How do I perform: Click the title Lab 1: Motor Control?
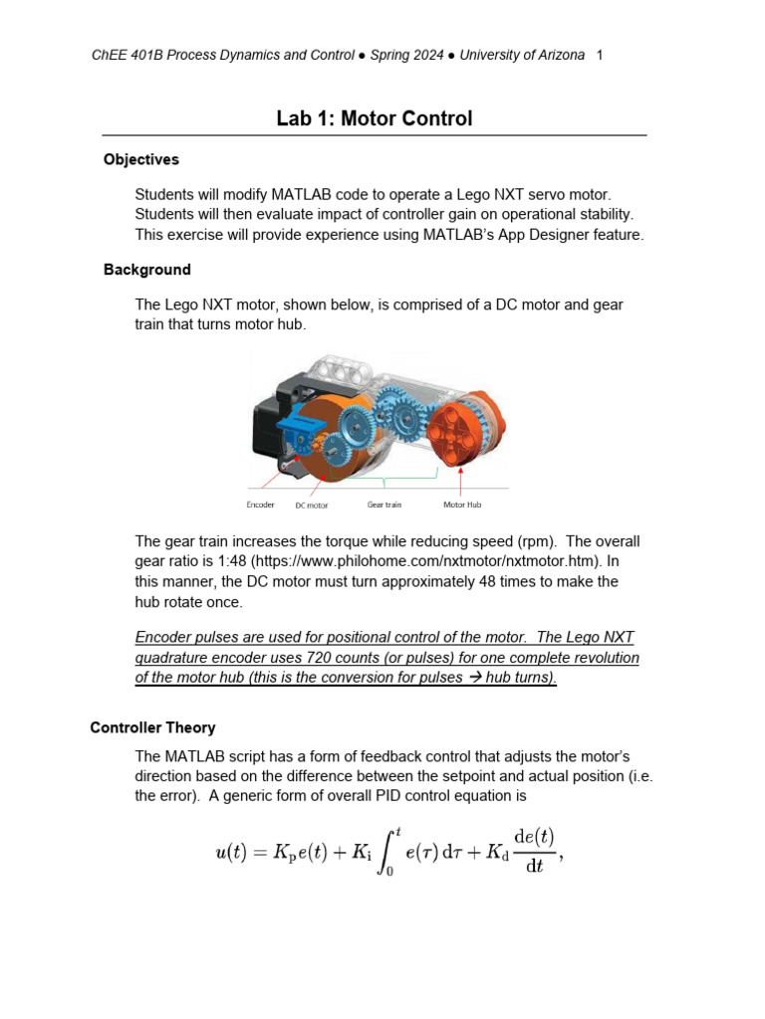click(374, 119)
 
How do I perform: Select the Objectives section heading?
click(141, 159)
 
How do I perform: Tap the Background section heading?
click(147, 270)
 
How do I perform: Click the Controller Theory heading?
click(152, 727)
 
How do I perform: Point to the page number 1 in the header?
click(600, 56)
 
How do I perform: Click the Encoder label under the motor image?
click(261, 505)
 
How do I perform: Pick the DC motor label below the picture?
click(312, 506)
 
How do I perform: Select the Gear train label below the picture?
click(384, 505)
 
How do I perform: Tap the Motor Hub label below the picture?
click(462, 505)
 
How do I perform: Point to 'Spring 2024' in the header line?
click(406, 56)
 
